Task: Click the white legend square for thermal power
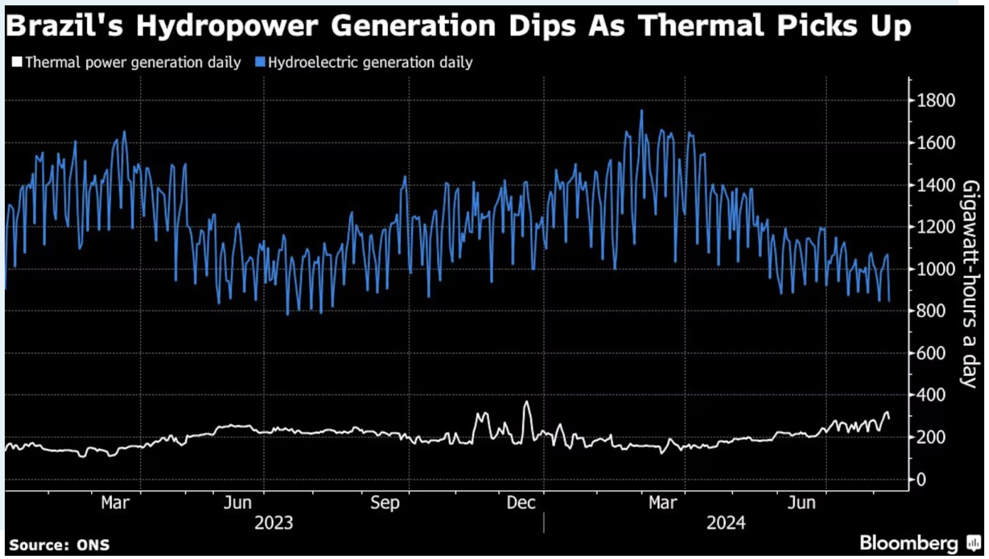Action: click(17, 62)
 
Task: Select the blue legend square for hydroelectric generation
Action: click(260, 62)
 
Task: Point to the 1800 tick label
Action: click(936, 100)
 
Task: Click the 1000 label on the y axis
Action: click(936, 269)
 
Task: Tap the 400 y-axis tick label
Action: click(931, 395)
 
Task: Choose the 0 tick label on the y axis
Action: click(921, 480)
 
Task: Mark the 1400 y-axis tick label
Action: click(936, 185)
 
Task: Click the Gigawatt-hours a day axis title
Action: click(971, 284)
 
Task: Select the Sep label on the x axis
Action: click(385, 503)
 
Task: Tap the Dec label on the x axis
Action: click(521, 502)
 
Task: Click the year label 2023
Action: click(274, 523)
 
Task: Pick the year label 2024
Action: click(726, 523)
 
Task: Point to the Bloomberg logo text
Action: click(909, 543)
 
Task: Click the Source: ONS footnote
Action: click(59, 545)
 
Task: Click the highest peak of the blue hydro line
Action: click(642, 111)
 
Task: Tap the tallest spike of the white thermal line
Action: click(526, 402)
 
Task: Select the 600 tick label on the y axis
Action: click(931, 353)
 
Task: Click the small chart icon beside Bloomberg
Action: click(974, 543)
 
